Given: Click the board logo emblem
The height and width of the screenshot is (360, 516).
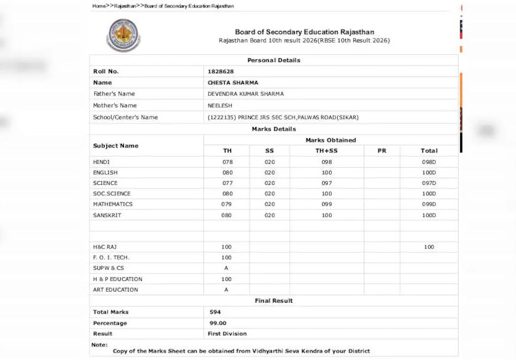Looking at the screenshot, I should click(x=123, y=35).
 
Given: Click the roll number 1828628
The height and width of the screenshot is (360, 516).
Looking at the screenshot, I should click(x=221, y=72).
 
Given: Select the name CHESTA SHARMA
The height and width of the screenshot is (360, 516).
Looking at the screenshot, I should click(x=233, y=83).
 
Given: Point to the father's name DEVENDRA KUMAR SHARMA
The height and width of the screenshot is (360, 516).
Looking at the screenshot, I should click(x=246, y=94).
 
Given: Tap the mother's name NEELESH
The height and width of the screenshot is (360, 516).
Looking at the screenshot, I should click(x=220, y=105).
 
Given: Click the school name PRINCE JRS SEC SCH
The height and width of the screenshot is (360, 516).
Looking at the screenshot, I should click(x=272, y=117).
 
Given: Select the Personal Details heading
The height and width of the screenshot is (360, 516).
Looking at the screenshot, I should click(x=274, y=60).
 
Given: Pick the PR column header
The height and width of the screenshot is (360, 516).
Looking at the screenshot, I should click(x=381, y=150).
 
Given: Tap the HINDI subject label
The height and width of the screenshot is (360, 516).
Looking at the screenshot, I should click(x=101, y=162).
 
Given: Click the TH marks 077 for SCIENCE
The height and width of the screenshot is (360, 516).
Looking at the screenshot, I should click(x=227, y=183).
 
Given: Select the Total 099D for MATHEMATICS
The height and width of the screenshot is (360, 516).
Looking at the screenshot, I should click(x=428, y=204).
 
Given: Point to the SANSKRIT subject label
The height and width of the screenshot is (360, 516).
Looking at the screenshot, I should click(x=107, y=215).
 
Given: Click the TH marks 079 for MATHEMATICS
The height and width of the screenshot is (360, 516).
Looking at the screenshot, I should click(x=226, y=204).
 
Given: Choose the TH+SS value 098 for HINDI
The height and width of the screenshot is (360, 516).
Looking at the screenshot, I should click(x=326, y=162).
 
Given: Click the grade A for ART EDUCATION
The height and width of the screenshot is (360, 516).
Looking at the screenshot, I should click(x=226, y=290).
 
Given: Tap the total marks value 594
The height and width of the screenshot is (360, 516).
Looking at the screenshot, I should click(x=215, y=312).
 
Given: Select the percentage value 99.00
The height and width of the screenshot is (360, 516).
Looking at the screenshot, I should click(x=218, y=323).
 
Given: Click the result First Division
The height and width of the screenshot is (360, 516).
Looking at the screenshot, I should click(x=227, y=334).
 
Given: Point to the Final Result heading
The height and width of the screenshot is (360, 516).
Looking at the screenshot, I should click(x=274, y=301).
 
